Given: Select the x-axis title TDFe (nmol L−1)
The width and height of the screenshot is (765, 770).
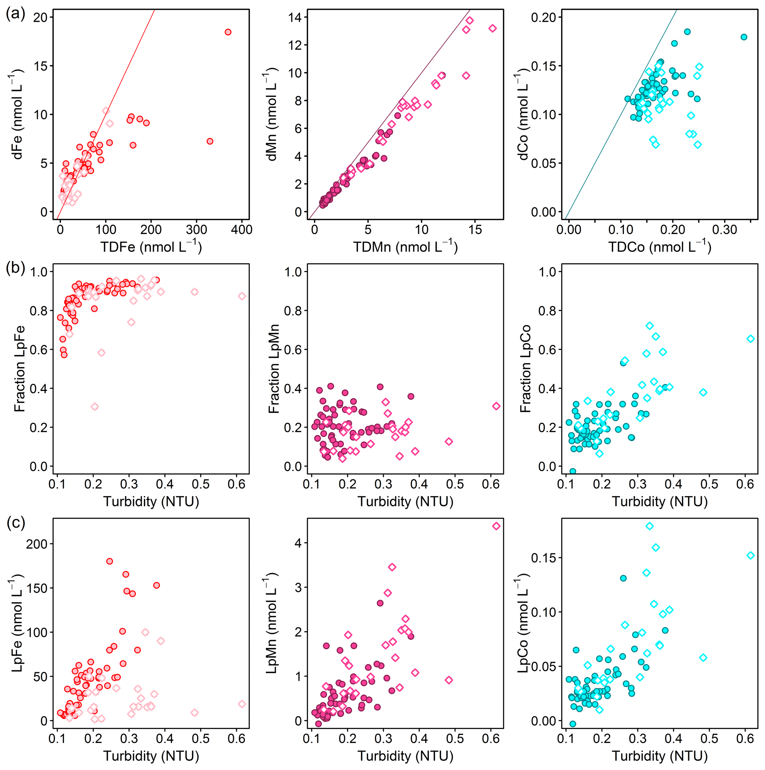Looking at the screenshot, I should click(x=151, y=246).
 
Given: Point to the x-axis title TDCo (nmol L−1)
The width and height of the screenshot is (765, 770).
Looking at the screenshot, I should click(x=660, y=246).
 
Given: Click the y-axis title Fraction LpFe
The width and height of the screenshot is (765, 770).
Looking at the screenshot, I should click(x=19, y=369).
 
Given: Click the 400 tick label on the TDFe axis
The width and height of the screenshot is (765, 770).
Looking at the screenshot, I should click(x=242, y=230).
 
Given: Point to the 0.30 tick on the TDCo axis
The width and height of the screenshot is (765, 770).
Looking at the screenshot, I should click(x=725, y=230).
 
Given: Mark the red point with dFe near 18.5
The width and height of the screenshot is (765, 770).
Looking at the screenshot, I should click(x=228, y=32).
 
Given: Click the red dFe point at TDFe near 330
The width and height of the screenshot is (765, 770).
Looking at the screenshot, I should click(x=210, y=141).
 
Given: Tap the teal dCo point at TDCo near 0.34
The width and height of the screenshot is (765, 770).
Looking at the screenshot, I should click(x=744, y=37).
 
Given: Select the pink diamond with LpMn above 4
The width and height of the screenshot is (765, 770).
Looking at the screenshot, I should click(x=496, y=526).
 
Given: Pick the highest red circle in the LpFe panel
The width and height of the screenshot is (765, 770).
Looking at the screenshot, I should click(x=110, y=561).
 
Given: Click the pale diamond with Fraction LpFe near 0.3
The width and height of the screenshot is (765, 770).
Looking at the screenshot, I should click(x=94, y=406).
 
